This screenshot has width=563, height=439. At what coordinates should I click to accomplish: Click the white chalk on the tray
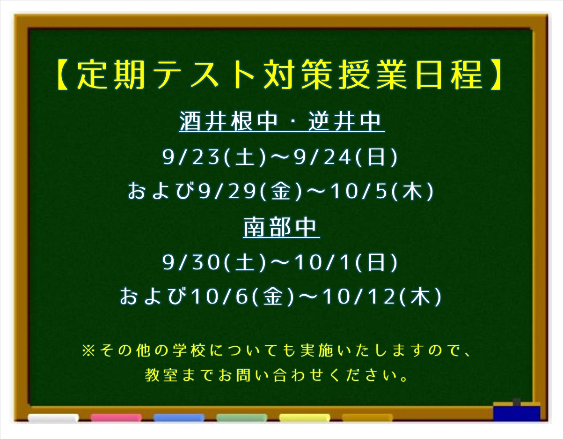coord(53,418)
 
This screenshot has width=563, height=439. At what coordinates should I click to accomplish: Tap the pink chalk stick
coord(117,418)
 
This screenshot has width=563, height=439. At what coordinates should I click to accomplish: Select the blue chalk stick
coord(179,418)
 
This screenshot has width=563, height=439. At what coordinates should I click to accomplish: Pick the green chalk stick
coord(242,418)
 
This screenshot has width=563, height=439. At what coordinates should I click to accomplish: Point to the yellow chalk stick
coord(305,418)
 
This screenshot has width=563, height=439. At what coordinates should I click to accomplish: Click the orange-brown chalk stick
coord(367,418)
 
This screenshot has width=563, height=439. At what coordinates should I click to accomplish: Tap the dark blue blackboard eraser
coord(517,412)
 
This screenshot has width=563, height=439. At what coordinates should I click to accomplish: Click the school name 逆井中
coord(344,121)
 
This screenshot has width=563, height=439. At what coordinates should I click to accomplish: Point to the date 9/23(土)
coord(214,157)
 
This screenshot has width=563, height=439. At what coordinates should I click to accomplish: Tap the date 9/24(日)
coord(346,157)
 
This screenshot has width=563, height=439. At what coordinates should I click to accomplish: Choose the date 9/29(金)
coord(250,192)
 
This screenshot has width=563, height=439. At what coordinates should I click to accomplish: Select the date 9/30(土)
coord(214,262)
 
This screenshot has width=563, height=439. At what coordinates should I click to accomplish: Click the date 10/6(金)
coord(243,297)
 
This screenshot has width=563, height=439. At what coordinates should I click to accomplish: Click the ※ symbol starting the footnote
coord(88,350)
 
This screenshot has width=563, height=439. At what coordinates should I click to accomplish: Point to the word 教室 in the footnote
coord(161,375)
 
